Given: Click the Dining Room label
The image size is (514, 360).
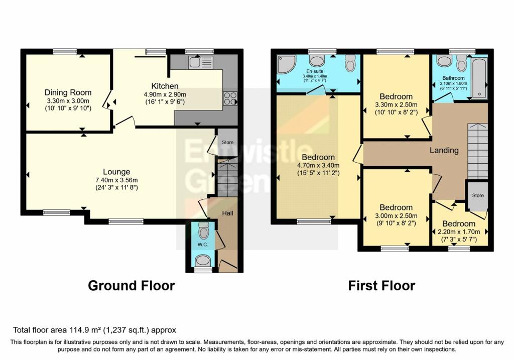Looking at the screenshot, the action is coord(68,92).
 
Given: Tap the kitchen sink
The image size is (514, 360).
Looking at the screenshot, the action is coord(201,62).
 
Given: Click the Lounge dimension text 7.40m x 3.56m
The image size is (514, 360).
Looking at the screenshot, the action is coord(116,180).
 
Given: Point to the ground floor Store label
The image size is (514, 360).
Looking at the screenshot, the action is coord(227,142).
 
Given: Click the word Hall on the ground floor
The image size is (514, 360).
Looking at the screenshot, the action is coord(227,213).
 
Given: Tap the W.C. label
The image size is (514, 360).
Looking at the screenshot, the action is coord(202,245).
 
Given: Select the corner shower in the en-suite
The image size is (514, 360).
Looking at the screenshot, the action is coord(286,64).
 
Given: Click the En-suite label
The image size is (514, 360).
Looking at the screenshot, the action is coord(315,71).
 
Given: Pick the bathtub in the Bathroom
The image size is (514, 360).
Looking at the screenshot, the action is coord(479,77).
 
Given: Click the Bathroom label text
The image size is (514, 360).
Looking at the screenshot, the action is coord(453,78).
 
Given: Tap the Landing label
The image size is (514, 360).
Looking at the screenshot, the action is coord(444,150).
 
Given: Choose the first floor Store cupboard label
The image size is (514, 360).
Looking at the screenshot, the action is coord(478,195).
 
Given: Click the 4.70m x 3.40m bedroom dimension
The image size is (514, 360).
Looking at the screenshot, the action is coord(318,165).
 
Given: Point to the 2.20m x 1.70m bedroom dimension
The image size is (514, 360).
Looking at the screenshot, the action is coord(459,232).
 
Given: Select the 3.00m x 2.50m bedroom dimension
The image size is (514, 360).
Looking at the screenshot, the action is coord(396,216).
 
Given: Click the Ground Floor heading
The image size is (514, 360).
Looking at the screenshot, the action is coord(131,286).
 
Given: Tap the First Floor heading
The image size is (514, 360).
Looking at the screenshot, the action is coord(381,286).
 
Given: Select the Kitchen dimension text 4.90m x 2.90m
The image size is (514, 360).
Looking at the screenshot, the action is coord(165,94).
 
